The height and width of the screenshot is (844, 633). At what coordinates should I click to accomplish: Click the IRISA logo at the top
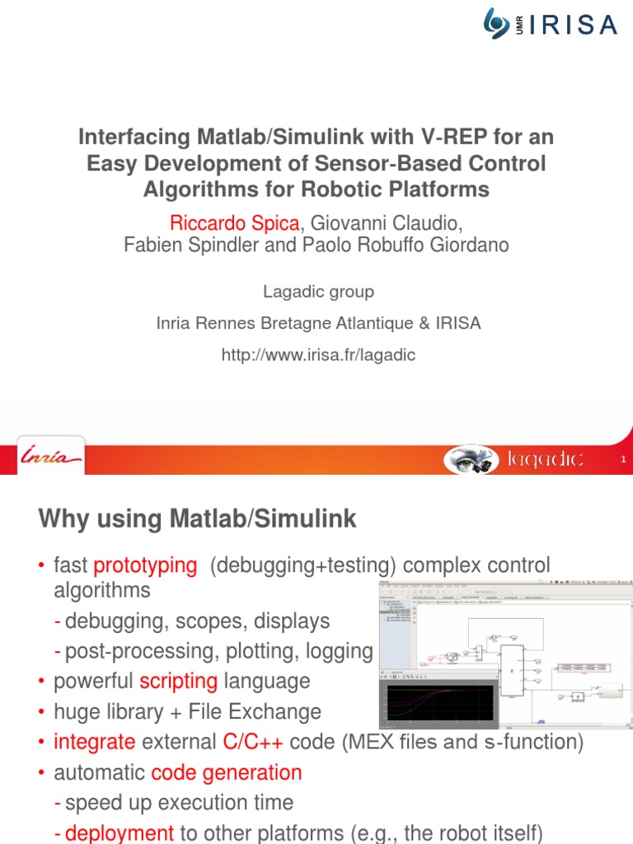551,24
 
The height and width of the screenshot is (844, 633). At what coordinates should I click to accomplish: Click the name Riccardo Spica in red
234,223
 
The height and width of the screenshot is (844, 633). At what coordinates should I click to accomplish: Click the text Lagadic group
318,292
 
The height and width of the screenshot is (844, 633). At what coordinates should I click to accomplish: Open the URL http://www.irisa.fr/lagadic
318,354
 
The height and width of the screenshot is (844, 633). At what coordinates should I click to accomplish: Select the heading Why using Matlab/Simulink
198,519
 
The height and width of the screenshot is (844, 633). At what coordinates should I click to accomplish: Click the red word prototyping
146,565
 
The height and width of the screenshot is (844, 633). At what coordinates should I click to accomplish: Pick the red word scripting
179,682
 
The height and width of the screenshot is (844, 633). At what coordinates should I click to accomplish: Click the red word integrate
94,742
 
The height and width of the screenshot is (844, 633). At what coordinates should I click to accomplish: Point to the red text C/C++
253,742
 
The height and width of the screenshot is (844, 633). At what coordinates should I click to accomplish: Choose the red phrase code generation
227,772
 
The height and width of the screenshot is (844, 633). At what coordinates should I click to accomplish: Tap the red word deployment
120,833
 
